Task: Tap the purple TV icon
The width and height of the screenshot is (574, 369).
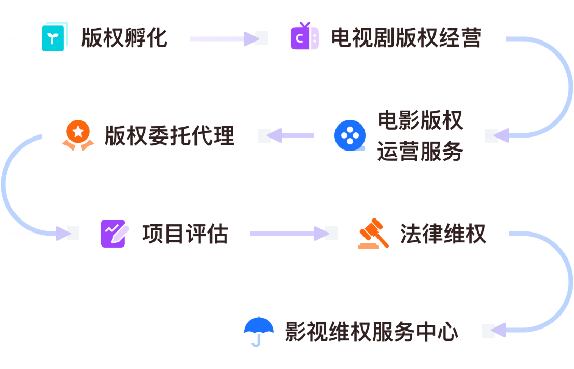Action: tap(305, 37)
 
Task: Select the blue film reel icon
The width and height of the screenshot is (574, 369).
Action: tap(350, 135)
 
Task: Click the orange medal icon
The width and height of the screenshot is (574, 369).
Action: tap(78, 135)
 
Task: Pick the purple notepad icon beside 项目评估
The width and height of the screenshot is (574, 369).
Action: tap(114, 234)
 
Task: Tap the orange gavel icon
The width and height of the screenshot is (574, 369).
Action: tap(373, 234)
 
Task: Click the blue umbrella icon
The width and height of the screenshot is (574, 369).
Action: tap(259, 331)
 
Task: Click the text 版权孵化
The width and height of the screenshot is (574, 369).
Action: tap(124, 38)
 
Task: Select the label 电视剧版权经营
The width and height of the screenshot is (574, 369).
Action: tap(406, 38)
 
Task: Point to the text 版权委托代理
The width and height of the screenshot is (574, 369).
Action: tap(170, 135)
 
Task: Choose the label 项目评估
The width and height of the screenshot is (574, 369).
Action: tap(185, 234)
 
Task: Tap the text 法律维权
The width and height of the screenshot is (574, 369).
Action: tap(443, 234)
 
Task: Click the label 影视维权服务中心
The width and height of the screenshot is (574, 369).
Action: tap(372, 332)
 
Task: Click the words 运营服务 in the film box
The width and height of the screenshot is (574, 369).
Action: tap(420, 152)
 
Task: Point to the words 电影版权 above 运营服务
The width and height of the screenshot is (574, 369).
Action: tap(420, 121)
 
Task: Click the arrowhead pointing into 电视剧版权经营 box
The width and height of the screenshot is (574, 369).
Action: tap(252, 38)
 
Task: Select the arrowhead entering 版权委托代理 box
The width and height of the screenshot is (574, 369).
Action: tap(273, 135)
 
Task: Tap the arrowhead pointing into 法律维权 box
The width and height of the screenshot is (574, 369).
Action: tap(322, 234)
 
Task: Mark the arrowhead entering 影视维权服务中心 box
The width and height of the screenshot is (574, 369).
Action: tap(498, 331)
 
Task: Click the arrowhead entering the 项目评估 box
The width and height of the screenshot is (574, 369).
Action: tap(63, 234)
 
